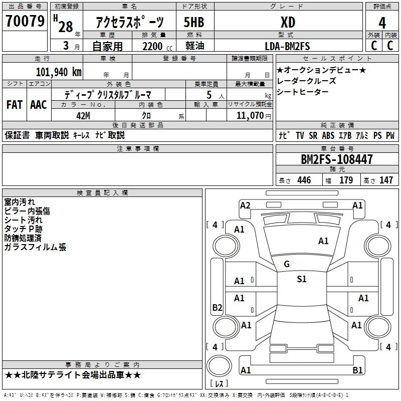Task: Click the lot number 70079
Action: click(x=25, y=22)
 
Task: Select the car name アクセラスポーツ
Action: click(x=130, y=22)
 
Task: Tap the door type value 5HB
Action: click(x=194, y=22)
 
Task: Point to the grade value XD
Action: click(x=287, y=22)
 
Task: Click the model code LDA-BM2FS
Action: click(x=287, y=46)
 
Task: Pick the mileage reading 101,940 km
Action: click(x=59, y=72)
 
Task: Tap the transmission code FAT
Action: click(x=14, y=105)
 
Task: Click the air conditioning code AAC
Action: click(x=38, y=105)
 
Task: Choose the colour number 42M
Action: click(x=83, y=115)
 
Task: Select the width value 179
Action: click(x=346, y=180)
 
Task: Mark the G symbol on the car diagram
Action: click(x=287, y=264)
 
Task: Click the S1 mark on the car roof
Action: click(x=301, y=279)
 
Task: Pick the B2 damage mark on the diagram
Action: click(x=217, y=308)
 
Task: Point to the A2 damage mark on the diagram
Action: click(x=245, y=205)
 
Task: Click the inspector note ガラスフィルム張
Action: click(x=35, y=247)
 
